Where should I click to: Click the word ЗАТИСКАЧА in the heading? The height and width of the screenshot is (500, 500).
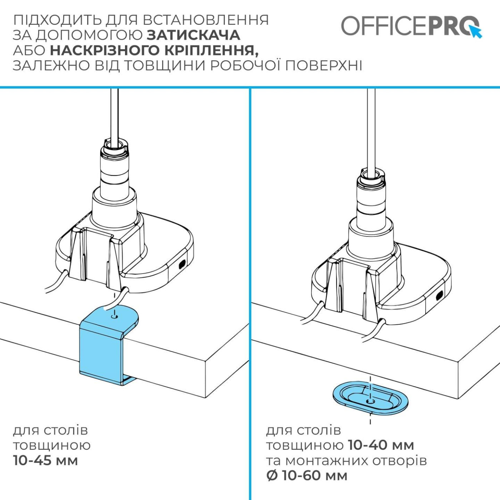tap(193, 35)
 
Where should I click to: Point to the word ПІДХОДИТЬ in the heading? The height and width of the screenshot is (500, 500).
tap(57, 20)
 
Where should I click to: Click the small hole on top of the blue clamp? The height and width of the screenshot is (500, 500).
tap(114, 316)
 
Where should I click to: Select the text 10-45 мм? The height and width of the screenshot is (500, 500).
tap(45, 461)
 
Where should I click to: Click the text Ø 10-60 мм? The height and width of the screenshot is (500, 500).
tap(307, 476)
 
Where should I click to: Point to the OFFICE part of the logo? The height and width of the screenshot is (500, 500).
tap(384, 26)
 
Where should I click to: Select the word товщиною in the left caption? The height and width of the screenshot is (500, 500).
tap(52, 445)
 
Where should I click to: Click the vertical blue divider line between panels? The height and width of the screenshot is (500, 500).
tap(250, 293)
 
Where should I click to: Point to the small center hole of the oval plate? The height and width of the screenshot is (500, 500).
tap(371, 401)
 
